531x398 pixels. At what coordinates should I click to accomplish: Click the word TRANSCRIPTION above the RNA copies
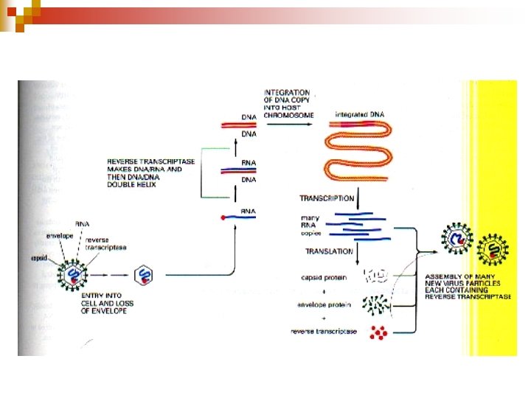pos(326,199)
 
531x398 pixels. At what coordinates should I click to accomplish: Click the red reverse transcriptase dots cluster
pos(381,332)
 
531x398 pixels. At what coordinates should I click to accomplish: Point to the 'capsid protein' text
pos(322,278)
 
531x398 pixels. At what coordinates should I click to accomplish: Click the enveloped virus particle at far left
pos(74,274)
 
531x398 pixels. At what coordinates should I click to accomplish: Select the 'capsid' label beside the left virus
pos(39,259)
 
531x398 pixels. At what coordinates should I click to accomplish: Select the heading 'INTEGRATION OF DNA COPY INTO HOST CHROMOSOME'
pos(288,104)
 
